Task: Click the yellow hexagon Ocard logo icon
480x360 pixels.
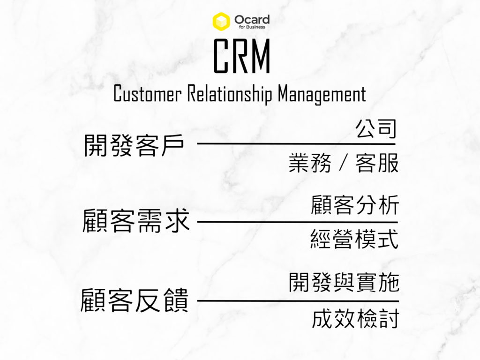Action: pos(221,21)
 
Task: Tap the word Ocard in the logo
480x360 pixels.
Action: pos(252,19)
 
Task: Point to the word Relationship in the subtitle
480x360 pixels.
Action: pos(229,94)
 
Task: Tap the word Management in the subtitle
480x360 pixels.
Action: pos(322,94)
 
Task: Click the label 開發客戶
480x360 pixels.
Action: pos(134,145)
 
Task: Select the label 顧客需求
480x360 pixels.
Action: pos(136,221)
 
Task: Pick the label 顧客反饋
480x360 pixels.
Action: pos(135,300)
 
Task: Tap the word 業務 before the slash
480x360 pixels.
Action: pos(310,163)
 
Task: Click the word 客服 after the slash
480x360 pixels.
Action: pos(377,163)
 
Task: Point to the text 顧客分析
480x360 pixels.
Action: pos(355,205)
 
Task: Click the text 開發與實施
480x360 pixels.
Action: pos(344,283)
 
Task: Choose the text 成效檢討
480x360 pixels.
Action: pos(355,319)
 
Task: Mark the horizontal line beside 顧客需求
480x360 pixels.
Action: pos(297,222)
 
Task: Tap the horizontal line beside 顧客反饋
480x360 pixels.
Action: pos(298,301)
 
